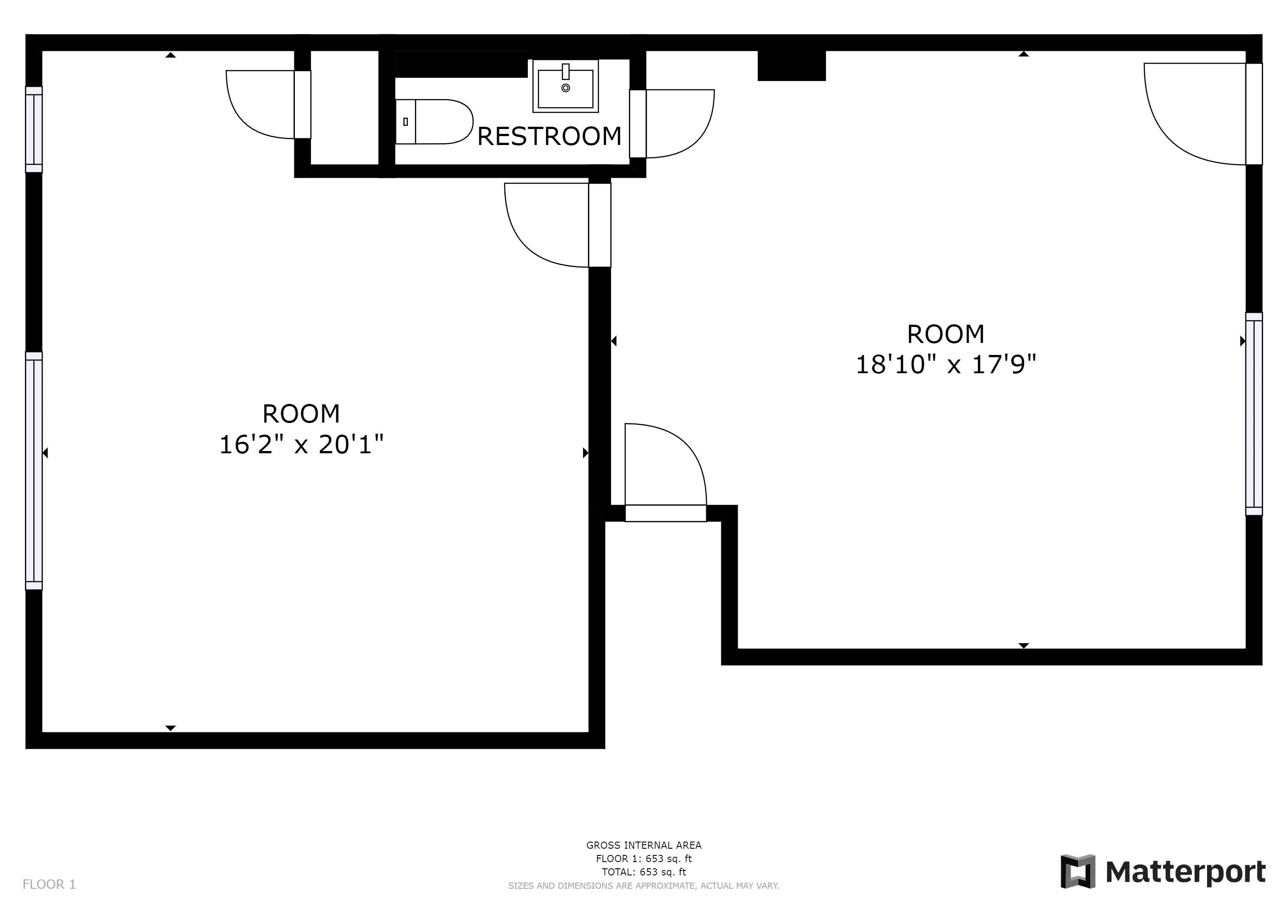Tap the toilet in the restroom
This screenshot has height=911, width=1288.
coord(435,122)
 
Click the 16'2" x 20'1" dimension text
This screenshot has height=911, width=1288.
coord(301,445)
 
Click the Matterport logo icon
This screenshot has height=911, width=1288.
coord(1077,871)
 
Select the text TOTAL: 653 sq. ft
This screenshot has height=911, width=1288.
coord(644,872)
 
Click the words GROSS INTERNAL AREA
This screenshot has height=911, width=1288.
coord(644,845)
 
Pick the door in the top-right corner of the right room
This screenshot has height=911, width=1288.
coord(1195,115)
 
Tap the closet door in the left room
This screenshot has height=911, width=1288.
coord(261,105)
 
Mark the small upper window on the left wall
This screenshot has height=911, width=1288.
coord(34,129)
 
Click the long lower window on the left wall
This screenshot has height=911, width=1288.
coord(34,471)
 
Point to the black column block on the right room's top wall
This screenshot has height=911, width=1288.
coord(792,66)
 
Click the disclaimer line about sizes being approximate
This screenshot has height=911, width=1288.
coord(644,886)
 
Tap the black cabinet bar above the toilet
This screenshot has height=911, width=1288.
coord(461,64)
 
